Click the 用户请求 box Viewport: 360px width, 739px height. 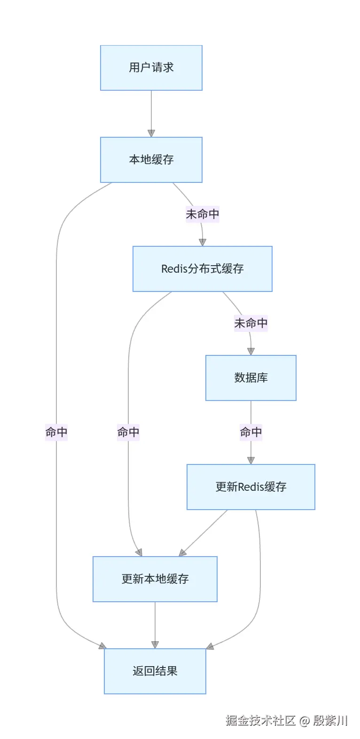(151, 68)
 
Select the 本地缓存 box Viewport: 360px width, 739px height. (151, 160)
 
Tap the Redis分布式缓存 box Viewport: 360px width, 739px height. (202, 269)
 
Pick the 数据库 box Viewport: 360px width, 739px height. (250, 378)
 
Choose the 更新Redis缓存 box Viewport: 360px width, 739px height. (250, 487)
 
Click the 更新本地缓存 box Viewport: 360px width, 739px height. (155, 579)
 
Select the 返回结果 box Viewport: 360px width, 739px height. (155, 671)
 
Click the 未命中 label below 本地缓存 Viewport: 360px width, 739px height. (203, 214)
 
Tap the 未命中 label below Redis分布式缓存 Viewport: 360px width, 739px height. (251, 323)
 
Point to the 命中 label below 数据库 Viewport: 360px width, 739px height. (251, 432)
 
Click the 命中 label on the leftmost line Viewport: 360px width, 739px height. (56, 432)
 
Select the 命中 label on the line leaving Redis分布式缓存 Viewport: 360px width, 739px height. (128, 432)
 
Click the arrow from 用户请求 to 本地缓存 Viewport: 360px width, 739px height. (151, 113)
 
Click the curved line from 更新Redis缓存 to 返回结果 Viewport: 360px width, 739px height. (260, 578)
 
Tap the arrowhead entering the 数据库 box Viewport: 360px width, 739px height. (251, 351)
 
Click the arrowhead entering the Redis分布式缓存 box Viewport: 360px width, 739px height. (203, 242)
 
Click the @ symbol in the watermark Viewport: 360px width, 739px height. (305, 721)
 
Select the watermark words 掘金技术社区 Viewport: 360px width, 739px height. (260, 721)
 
